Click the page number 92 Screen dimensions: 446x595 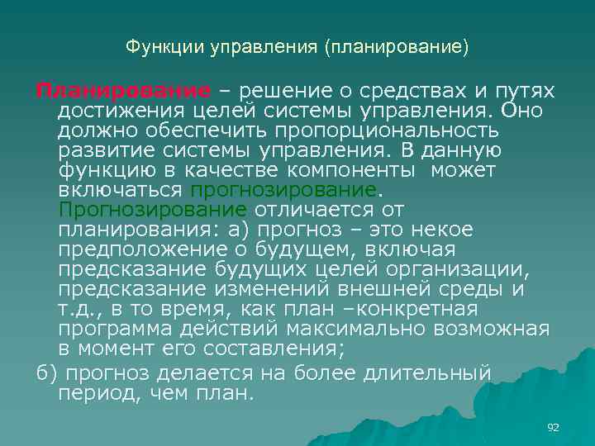coord(553,427)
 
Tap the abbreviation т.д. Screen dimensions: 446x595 coord(79,309)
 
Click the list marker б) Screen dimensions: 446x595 coord(46,372)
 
